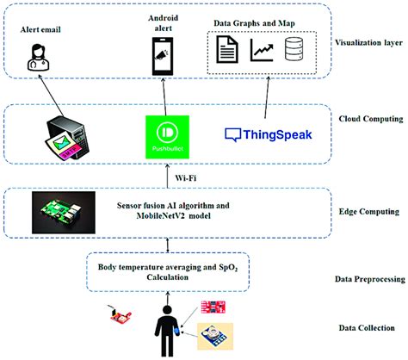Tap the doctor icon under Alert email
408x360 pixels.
point(41,59)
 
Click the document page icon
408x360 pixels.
point(226,51)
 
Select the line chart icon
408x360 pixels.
point(262,51)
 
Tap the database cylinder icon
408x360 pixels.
point(298,51)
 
